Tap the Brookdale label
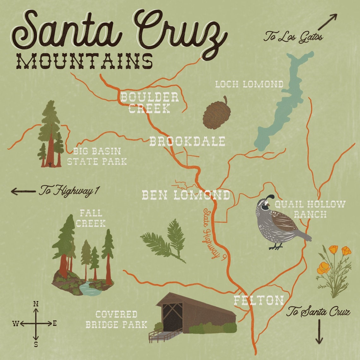187,141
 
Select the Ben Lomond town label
186,195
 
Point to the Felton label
259,300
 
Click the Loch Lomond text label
249,84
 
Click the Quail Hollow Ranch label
310,209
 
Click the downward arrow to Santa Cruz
319,332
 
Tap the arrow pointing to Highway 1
23,191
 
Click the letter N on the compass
36,304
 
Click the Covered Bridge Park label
117,319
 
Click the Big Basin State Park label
97,156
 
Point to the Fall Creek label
91,218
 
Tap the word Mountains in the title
84,62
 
